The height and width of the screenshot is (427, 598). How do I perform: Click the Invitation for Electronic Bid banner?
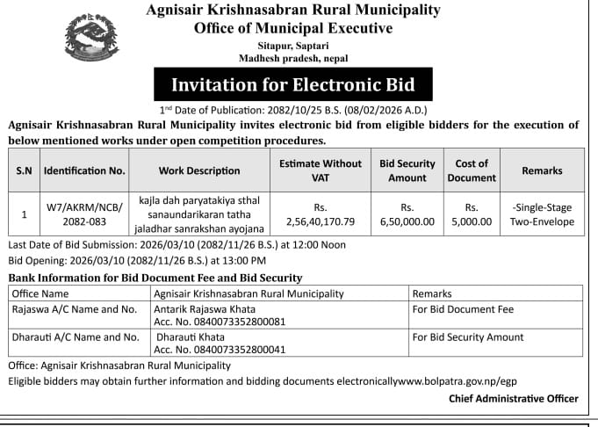pyautogui.click(x=292, y=86)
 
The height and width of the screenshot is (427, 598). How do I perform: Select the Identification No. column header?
pyautogui.click(x=84, y=170)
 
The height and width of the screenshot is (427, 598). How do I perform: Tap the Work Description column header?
pyautogui.click(x=199, y=170)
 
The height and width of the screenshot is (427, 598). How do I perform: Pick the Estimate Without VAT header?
pyautogui.click(x=320, y=170)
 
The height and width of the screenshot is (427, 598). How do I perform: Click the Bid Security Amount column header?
pyautogui.click(x=407, y=170)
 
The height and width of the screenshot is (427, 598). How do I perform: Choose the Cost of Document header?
pyautogui.click(x=472, y=170)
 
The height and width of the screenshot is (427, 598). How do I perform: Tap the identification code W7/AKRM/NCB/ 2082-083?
pyautogui.click(x=84, y=213)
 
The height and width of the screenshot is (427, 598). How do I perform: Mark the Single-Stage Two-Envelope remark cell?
pyautogui.click(x=542, y=214)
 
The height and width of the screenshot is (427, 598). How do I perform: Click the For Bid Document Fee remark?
pyautogui.click(x=463, y=309)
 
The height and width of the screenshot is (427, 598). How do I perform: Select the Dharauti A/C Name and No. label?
pyautogui.click(x=75, y=337)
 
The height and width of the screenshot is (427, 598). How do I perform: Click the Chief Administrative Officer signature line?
pyautogui.click(x=513, y=399)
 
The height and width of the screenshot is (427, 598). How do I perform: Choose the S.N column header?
pyautogui.click(x=24, y=170)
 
